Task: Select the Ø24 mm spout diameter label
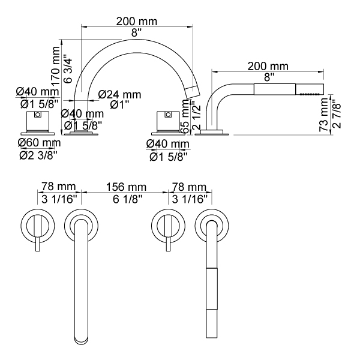(120, 94)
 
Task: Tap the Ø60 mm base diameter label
(39, 143)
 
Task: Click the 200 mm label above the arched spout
(137, 21)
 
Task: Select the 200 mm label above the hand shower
(268, 66)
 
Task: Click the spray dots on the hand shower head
(310, 94)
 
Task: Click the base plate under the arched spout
(80, 134)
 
